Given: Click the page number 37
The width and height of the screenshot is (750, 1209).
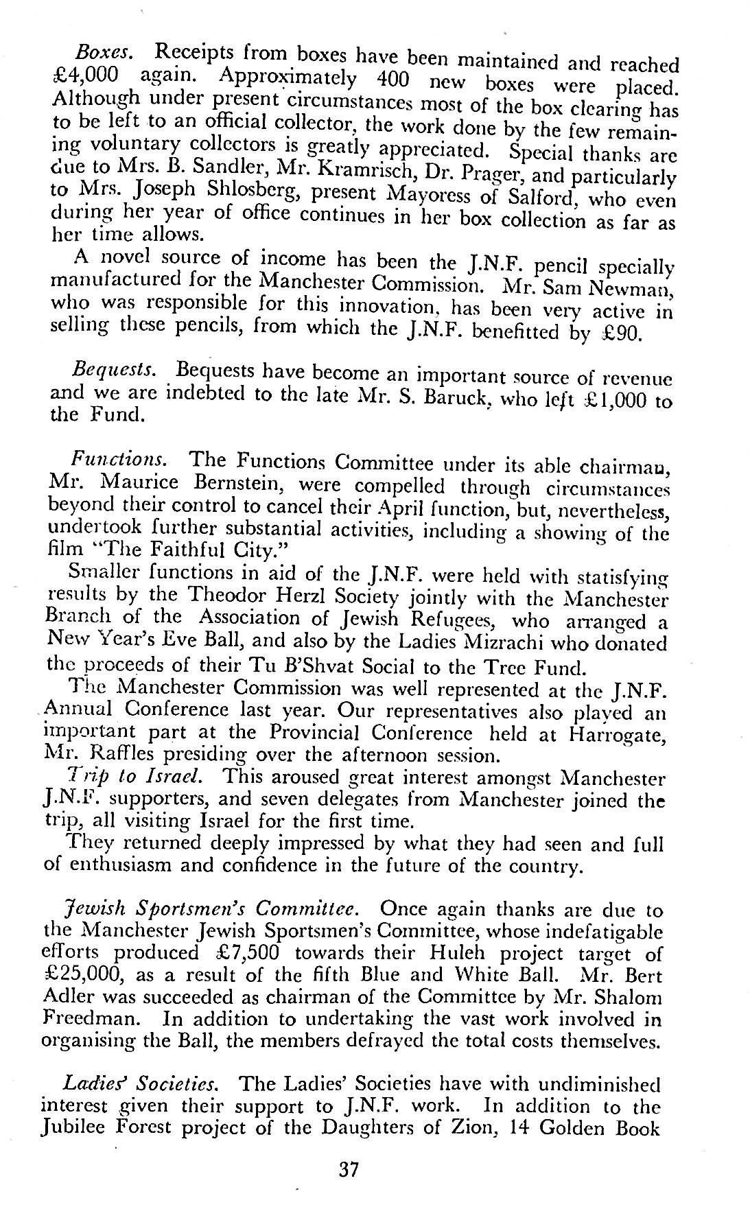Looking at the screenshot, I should [349, 1169].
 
